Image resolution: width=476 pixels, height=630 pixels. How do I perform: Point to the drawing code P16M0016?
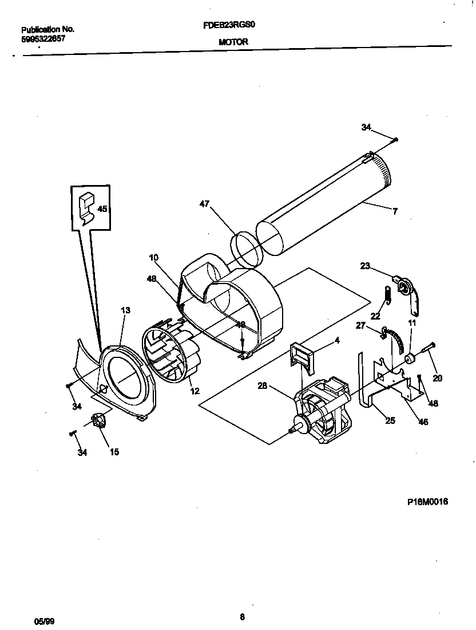point(427,501)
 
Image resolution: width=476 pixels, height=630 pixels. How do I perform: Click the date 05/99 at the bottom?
point(44,620)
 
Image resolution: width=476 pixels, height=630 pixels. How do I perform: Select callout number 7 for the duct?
point(394,211)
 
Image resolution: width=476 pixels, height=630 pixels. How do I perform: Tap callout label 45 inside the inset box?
point(102,209)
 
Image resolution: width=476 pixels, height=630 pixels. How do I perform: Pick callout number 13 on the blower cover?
point(125,310)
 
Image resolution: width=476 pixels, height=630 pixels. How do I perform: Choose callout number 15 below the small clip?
point(114,452)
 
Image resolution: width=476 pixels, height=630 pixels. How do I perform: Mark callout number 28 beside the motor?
point(263,385)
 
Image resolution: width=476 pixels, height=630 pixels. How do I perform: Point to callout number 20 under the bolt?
point(438,378)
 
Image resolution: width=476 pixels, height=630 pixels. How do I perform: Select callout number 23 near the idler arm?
point(364,265)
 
